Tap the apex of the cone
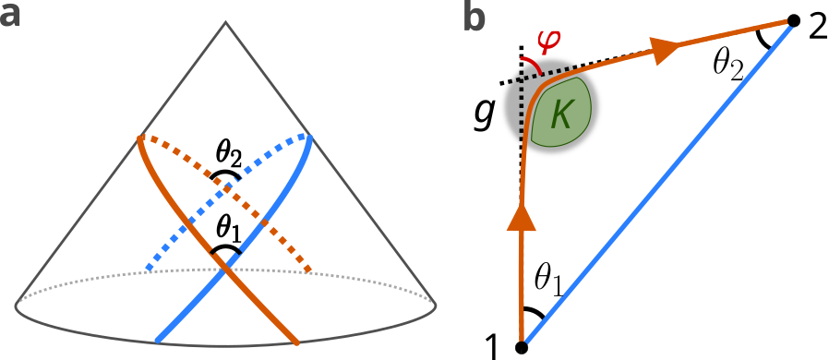[226, 19]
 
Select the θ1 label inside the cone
[226, 225]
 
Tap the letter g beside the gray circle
[483, 114]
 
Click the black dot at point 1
[522, 347]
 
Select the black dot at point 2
[792, 20]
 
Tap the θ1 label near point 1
[550, 280]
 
